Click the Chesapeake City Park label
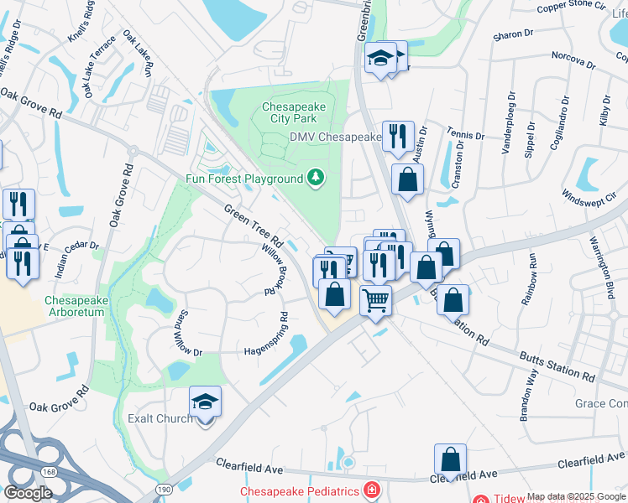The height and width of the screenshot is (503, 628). [x=298, y=113]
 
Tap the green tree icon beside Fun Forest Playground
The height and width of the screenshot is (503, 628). [x=316, y=177]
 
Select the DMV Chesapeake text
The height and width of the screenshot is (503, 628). [x=336, y=137]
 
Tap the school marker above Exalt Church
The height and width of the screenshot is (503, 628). [x=205, y=403]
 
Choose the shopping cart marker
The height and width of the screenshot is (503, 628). [x=375, y=299]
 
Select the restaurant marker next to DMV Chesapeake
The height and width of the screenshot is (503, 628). [x=397, y=136]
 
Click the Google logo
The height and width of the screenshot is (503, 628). [x=29, y=492]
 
